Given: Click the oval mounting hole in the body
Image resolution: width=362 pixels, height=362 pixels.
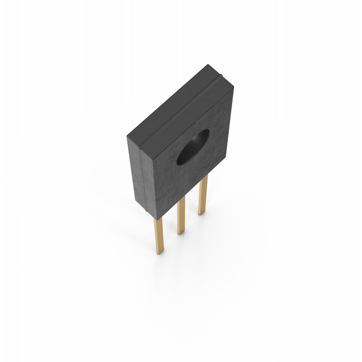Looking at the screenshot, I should tap(193, 148).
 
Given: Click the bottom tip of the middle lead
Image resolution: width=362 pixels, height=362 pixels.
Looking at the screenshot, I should tap(181, 233).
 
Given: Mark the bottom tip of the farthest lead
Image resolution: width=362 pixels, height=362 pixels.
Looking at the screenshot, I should tap(202, 214).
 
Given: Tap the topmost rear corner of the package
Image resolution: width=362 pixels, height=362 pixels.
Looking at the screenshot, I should tap(208, 65).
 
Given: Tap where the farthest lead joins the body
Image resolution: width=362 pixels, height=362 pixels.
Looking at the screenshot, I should tap(203, 177).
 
